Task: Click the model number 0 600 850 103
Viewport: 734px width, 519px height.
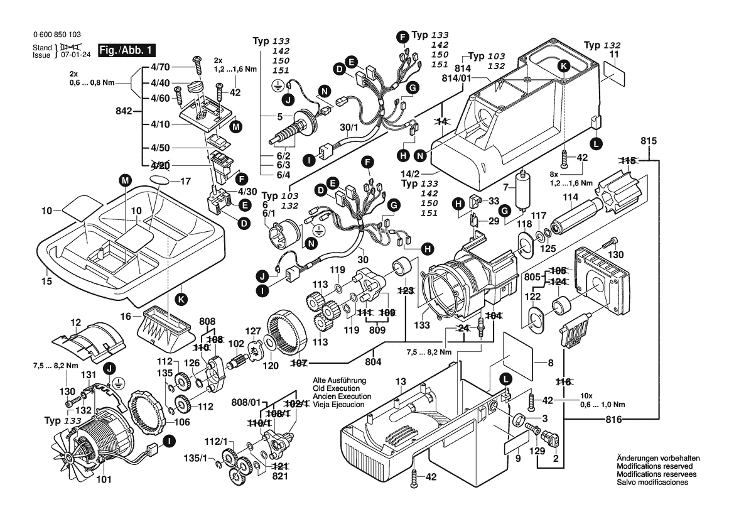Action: [x=56, y=36]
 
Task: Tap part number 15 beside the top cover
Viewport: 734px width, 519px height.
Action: [x=47, y=281]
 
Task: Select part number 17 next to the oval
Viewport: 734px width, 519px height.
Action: [x=185, y=182]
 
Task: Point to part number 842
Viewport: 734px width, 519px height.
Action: [x=124, y=111]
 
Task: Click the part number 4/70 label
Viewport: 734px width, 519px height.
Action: [x=161, y=67]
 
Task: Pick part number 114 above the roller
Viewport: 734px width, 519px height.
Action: [x=569, y=197]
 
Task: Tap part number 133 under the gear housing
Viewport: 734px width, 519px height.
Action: [x=422, y=325]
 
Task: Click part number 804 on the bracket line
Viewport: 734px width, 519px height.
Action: [x=374, y=363]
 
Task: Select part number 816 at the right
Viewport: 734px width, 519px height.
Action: [x=615, y=418]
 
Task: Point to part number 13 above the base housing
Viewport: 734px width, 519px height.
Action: [x=401, y=381]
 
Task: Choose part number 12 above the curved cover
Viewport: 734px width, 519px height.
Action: [x=75, y=322]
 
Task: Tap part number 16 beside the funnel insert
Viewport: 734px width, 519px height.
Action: [x=126, y=315]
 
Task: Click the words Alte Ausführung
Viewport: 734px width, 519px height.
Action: [x=340, y=381]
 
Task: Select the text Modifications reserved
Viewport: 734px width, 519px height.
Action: [x=654, y=467]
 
